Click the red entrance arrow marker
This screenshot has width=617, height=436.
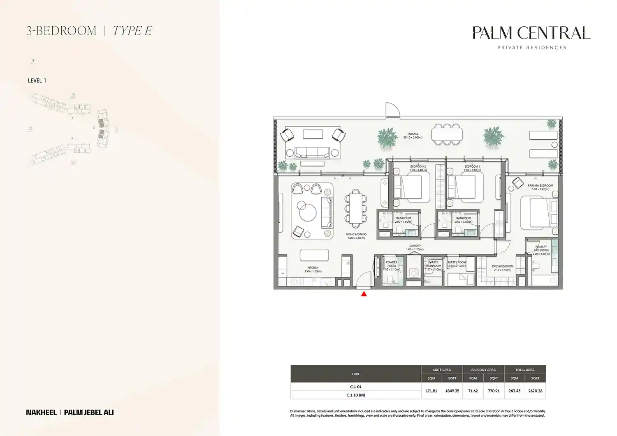[364, 293]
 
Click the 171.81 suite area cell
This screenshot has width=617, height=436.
[431, 391]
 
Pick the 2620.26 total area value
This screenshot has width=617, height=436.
[535, 391]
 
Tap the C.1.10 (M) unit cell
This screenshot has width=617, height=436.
[355, 395]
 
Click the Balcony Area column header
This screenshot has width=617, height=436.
[483, 370]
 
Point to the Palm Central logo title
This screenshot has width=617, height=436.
[531, 33]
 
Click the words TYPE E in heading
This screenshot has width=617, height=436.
[132, 31]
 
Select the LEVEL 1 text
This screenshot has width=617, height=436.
[37, 81]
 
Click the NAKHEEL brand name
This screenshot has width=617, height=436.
[41, 412]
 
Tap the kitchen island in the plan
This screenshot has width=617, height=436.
[314, 255]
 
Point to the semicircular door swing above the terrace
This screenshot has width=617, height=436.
[392, 110]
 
